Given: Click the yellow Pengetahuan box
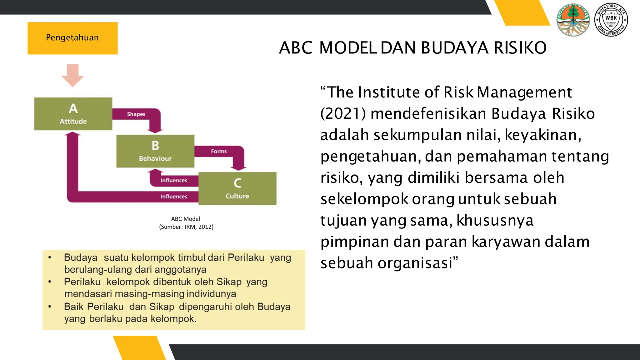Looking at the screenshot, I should click(72, 38).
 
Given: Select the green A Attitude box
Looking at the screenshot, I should click(73, 114).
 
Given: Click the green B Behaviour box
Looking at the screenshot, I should click(155, 151).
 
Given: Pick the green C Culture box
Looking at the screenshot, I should click(237, 188).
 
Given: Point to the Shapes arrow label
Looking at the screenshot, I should click(136, 114).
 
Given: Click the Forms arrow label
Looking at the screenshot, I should click(219, 151).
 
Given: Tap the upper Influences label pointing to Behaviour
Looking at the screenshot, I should click(174, 180).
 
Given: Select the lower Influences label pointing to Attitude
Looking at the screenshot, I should click(174, 197).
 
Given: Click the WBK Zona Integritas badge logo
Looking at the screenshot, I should click(611, 20).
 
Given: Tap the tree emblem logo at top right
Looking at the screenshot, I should click(573, 20).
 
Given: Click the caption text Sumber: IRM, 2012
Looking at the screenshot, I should click(186, 227).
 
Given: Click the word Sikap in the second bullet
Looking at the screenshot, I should click(229, 282).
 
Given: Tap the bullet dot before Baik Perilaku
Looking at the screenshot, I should click(50, 307).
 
